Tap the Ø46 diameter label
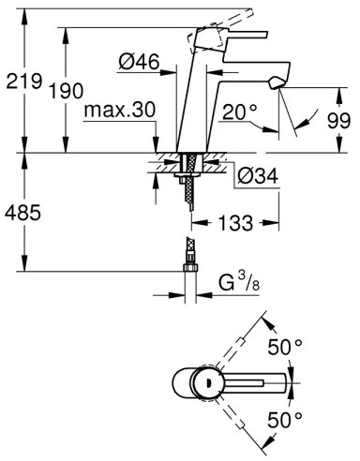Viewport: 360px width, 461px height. (139, 65)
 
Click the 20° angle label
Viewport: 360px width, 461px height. (240, 112)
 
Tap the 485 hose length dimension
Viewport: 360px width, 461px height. (22, 213)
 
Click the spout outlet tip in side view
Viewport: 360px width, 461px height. (275, 85)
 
